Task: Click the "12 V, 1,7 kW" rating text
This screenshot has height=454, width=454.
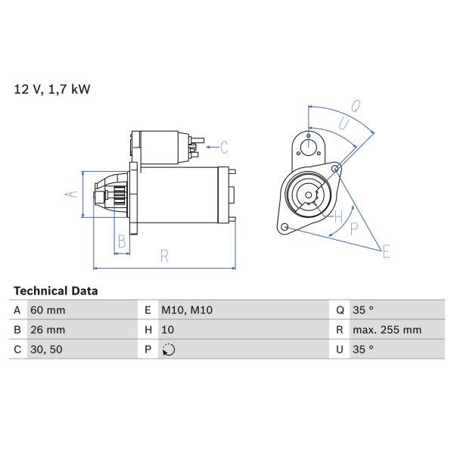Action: pos(52,89)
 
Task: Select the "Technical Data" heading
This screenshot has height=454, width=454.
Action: pos(56,291)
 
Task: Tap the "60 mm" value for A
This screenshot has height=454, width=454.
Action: pos(48,310)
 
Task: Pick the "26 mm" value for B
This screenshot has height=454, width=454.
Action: pos(48,330)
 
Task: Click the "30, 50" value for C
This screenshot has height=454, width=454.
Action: pos(46,350)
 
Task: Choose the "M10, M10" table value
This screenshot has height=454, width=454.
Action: pos(185,310)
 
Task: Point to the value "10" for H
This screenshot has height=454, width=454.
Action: pos(168,330)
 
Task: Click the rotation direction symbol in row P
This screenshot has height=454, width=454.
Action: pos(169,350)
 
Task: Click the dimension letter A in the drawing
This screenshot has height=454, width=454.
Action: pos(73,194)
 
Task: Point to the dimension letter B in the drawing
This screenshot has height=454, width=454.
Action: pos(121,242)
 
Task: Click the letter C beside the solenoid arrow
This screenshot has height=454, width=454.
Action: pos(224,145)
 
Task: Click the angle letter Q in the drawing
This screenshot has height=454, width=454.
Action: pos(356,105)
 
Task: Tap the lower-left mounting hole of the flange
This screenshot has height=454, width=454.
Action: pos(284,227)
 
